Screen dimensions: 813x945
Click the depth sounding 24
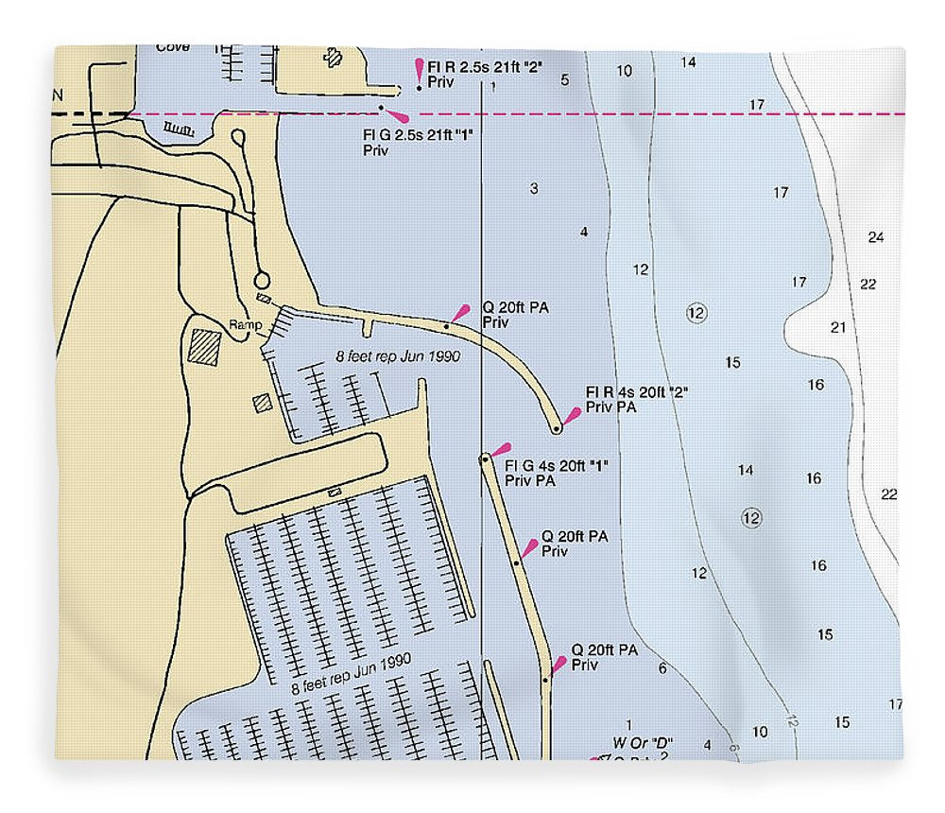876,237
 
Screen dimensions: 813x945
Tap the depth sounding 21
838,328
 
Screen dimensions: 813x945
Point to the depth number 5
565,79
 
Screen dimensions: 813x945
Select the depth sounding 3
534,189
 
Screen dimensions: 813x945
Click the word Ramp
245,325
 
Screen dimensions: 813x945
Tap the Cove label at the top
173,47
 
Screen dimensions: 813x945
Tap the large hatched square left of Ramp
204,346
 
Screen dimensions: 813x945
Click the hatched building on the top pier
332,58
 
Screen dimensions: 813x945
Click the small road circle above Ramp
262,280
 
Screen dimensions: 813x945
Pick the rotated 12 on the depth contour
791,720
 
